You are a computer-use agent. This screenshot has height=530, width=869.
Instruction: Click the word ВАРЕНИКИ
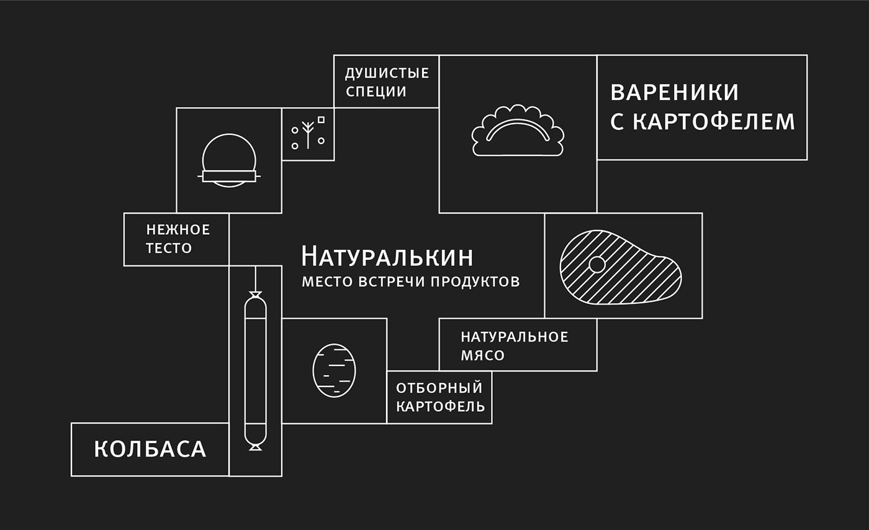[x=674, y=93]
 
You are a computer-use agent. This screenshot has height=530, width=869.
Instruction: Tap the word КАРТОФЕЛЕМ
[x=714, y=122]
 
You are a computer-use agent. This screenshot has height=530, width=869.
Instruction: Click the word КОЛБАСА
[x=150, y=449]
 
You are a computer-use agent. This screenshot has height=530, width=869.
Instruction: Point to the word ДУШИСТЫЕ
[x=387, y=73]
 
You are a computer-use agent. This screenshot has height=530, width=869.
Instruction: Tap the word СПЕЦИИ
[x=376, y=91]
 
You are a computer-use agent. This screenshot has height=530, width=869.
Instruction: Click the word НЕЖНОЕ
[x=178, y=230]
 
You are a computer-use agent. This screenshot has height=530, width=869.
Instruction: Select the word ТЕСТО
[x=169, y=248]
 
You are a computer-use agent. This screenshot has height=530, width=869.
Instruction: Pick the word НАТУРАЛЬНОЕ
[x=515, y=337]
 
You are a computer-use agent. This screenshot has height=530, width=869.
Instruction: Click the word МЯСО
[x=483, y=355]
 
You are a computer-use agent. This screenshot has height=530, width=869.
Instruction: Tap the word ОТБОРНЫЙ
[x=439, y=388]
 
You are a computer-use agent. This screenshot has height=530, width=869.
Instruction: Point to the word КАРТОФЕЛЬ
[x=440, y=406]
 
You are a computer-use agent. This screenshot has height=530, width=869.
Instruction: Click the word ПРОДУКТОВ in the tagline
[x=475, y=281]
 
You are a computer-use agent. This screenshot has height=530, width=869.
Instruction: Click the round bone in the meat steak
[x=597, y=265]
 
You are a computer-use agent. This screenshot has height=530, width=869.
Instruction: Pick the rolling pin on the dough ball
[x=229, y=176]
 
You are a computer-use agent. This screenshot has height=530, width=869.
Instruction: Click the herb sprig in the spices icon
[x=308, y=134]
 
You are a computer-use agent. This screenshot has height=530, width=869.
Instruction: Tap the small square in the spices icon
[x=322, y=119]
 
